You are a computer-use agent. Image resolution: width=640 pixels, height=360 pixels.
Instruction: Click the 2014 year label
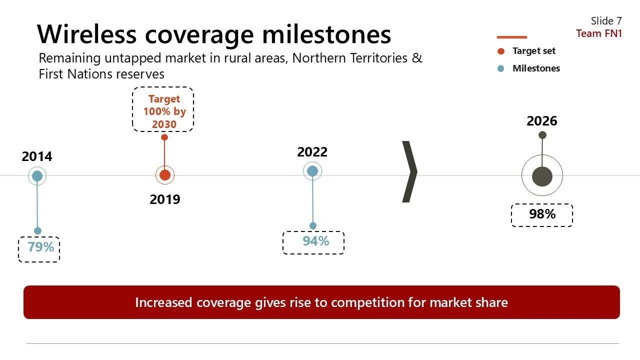coord(37,156)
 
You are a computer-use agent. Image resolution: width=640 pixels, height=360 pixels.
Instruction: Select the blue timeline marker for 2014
coord(37,176)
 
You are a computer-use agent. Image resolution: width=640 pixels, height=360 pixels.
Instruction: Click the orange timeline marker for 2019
coord(164,175)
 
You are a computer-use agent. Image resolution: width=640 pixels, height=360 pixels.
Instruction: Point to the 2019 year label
coord(164,199)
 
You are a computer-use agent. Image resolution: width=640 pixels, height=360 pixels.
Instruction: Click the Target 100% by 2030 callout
coord(163,111)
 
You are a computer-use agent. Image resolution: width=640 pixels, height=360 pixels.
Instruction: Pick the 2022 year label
coord(312,152)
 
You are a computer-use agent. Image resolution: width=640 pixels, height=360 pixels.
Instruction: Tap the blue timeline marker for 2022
coord(312,171)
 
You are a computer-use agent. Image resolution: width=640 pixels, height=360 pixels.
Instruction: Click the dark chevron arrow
coord(409,172)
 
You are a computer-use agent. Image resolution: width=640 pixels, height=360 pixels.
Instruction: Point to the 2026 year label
coord(541,121)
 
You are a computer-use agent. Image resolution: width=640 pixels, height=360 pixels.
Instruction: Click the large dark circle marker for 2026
coord(542,176)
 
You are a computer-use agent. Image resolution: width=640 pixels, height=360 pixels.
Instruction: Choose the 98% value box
coord(542,215)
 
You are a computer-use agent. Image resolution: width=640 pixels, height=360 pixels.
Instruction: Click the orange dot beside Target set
coord(501,51)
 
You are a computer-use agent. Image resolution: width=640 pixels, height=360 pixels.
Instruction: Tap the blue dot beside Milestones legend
coord(501,68)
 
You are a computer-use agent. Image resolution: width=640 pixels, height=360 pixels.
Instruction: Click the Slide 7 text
coord(606,20)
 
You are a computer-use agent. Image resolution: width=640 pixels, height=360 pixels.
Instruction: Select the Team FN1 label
coord(599,33)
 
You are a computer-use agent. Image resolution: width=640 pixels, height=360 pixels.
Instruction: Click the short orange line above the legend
coord(511,37)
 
